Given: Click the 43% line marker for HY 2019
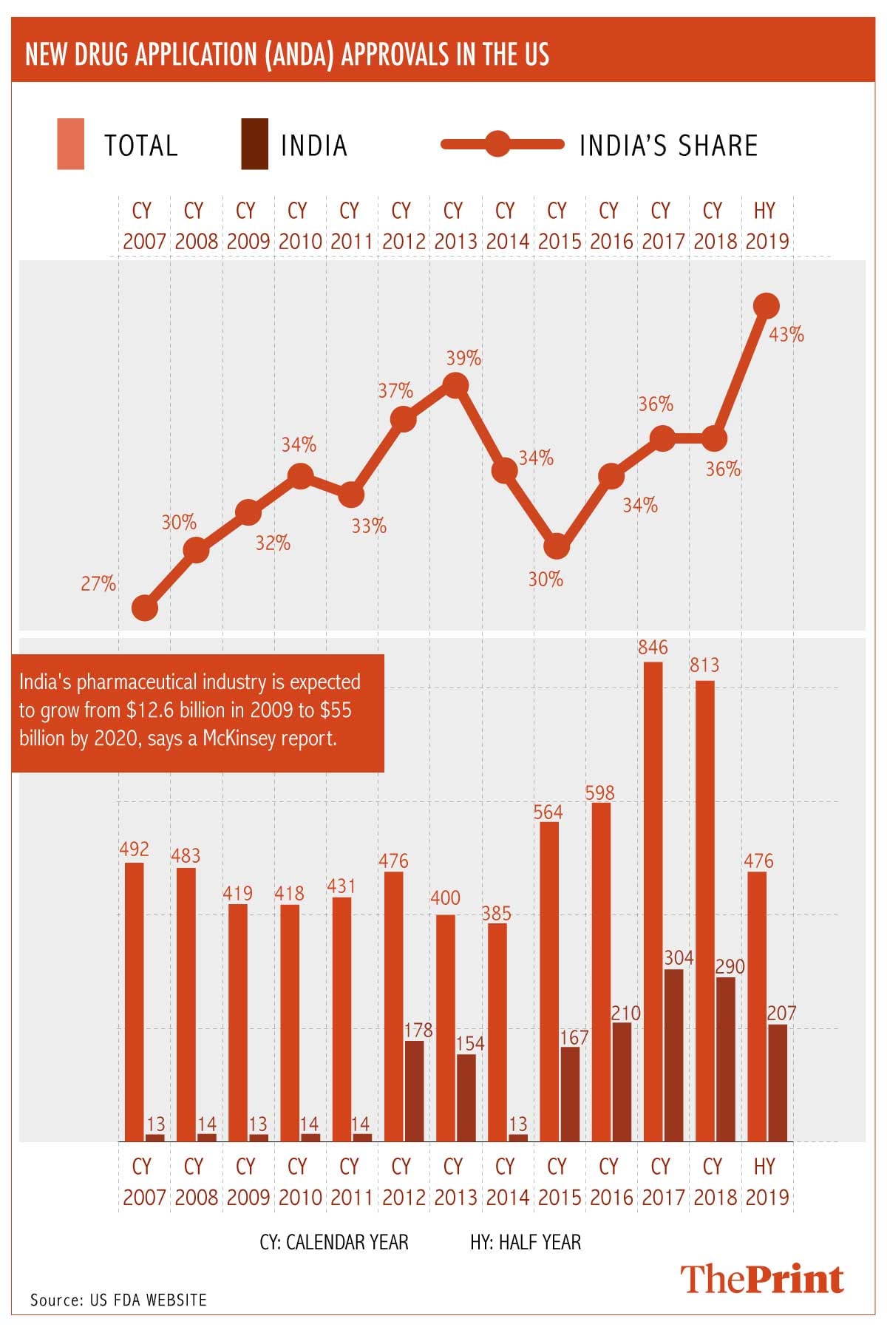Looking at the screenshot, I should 767,305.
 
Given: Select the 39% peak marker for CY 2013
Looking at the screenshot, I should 455,385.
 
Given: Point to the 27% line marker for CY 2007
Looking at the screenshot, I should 145,608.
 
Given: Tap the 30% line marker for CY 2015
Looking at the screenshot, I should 557,546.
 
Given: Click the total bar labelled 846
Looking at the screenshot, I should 653,902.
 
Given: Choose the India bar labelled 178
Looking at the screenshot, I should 414,1090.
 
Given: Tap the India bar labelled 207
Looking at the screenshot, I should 777,1082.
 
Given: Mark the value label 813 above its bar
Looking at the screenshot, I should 704,665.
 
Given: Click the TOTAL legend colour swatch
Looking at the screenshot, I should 71,144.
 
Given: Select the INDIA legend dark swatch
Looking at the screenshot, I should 254,144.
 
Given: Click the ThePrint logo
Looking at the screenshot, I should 761,1279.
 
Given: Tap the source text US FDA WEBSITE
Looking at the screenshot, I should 148,1300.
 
